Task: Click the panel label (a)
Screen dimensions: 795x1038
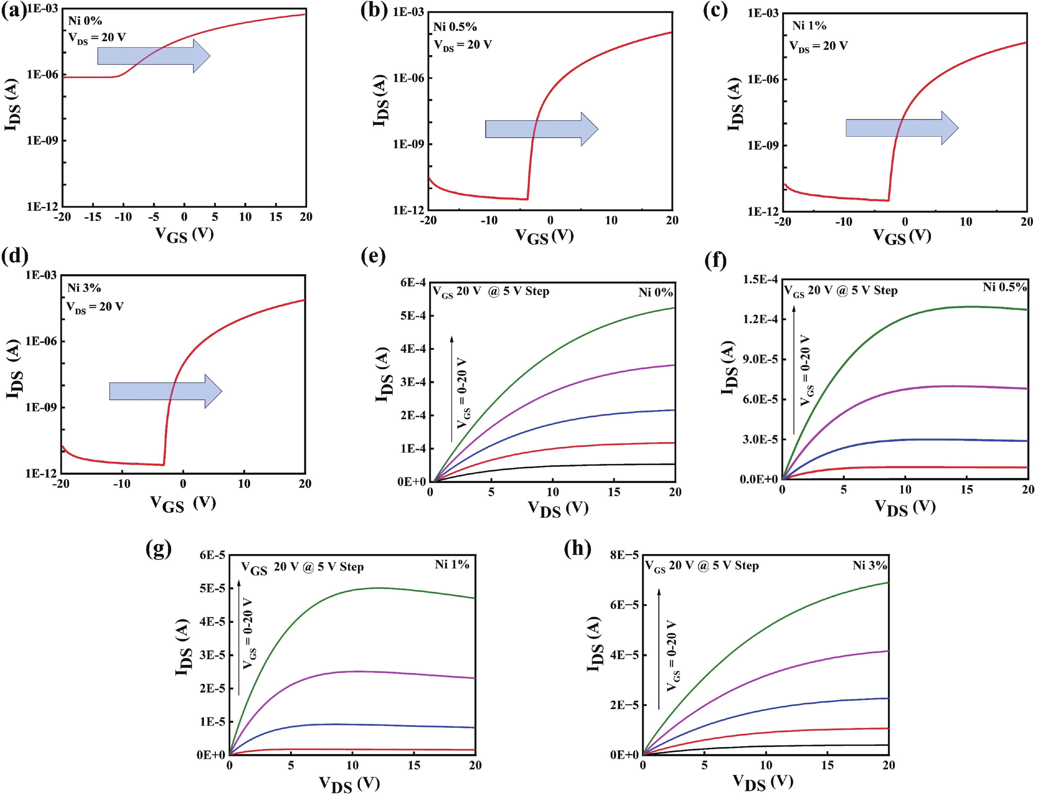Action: tap(13, 11)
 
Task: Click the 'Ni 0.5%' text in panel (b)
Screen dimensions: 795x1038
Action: tap(455, 27)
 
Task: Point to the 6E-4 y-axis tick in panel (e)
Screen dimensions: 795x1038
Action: tap(413, 282)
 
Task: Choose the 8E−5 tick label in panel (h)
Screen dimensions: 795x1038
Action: tap(624, 554)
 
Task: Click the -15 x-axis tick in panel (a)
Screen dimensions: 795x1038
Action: tap(93, 217)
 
